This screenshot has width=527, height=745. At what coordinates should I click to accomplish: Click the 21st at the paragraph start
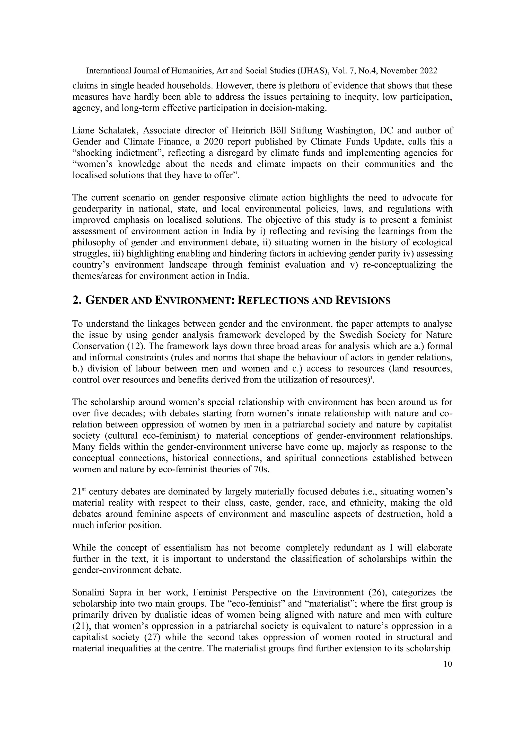click(x=78, y=492)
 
